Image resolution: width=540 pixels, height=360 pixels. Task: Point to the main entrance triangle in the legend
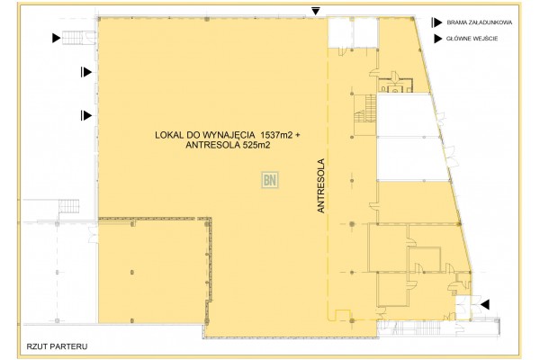[x=437, y=39]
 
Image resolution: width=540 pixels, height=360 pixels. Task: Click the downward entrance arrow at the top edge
[x=315, y=11]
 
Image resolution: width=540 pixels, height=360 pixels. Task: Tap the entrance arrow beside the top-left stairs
[x=57, y=37]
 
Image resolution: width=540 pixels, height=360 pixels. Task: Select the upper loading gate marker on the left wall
[x=85, y=71]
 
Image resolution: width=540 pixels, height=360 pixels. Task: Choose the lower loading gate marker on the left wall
[x=85, y=114]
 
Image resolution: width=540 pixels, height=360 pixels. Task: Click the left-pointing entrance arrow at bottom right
[x=485, y=305]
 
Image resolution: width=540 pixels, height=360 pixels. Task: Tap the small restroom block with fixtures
[x=392, y=85]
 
